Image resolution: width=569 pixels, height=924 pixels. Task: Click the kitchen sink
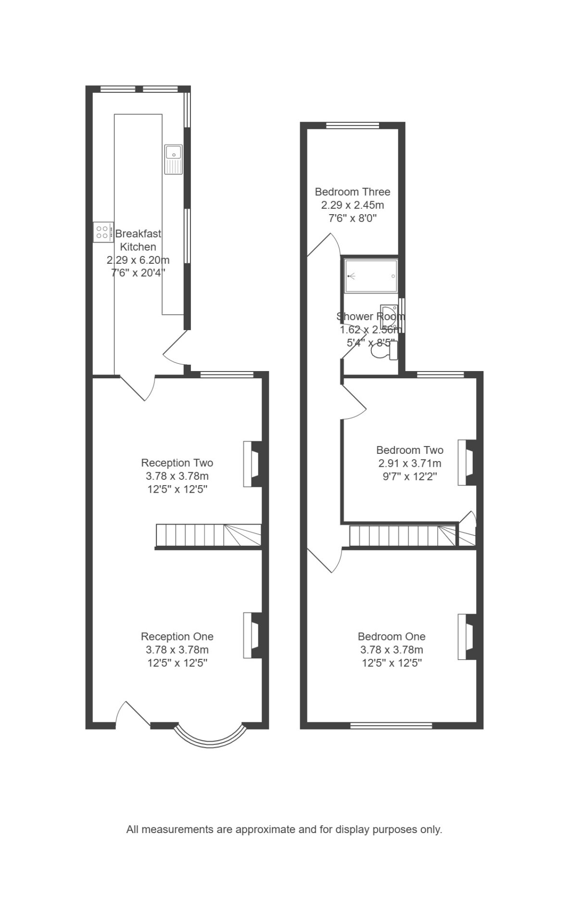click(173, 159)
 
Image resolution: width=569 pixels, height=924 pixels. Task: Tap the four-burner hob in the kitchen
click(103, 232)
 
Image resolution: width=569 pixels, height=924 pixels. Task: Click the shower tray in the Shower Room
click(371, 276)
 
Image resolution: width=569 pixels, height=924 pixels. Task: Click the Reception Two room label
click(177, 463)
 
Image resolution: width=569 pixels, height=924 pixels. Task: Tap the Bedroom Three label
click(353, 192)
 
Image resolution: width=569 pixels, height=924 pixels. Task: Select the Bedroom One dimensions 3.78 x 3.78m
click(392, 650)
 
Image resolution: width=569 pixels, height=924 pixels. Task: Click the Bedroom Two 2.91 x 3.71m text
click(410, 464)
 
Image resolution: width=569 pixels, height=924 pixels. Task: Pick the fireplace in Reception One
click(253, 635)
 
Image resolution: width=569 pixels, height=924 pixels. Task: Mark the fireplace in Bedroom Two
click(467, 462)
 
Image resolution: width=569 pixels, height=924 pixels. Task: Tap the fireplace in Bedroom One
click(467, 636)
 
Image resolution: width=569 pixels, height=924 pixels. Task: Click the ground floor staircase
click(208, 536)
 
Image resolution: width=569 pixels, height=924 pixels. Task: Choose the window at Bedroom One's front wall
click(391, 726)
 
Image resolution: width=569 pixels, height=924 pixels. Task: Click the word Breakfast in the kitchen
click(139, 234)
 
